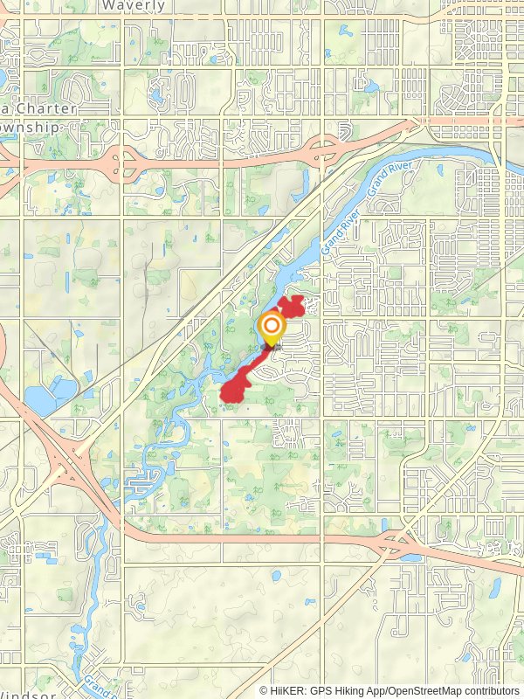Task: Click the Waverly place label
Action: click(x=133, y=5)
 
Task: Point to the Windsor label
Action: click(x=30, y=694)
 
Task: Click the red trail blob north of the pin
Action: click(x=292, y=307)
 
